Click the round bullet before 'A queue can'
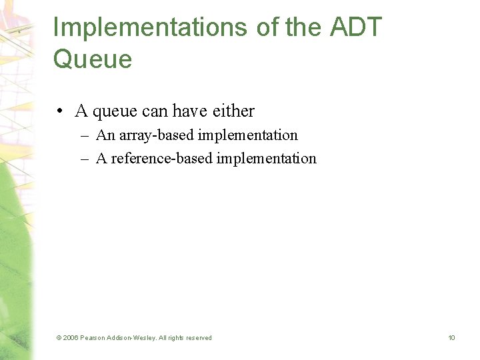tap(60, 111)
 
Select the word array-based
tap(151, 135)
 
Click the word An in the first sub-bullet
tap(105, 135)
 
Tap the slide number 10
tap(451, 338)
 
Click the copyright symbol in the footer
tap(59, 338)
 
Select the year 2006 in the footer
tap(71, 338)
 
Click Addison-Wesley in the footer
tap(133, 338)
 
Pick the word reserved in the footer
tap(197, 338)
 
